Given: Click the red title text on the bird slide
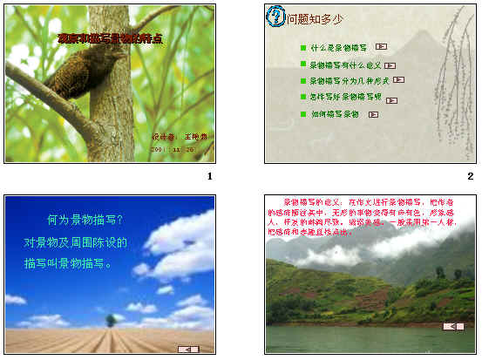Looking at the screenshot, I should (110, 39).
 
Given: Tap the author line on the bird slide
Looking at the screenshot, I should (180, 137).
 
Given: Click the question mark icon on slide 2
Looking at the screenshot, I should (277, 16).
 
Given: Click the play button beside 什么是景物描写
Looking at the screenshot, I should (381, 46).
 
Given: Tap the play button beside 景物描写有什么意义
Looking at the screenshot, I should (390, 65).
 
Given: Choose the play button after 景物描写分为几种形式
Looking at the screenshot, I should (398, 79).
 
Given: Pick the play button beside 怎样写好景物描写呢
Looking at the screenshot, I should (389, 96).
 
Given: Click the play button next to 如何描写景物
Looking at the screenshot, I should (373, 113).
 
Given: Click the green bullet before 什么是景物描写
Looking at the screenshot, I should (302, 47).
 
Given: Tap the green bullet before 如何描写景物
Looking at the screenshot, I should (302, 113).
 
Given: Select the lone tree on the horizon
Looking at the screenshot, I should (111, 320).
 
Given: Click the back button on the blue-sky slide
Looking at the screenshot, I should (188, 349).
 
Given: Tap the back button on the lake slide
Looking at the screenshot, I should (452, 326).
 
